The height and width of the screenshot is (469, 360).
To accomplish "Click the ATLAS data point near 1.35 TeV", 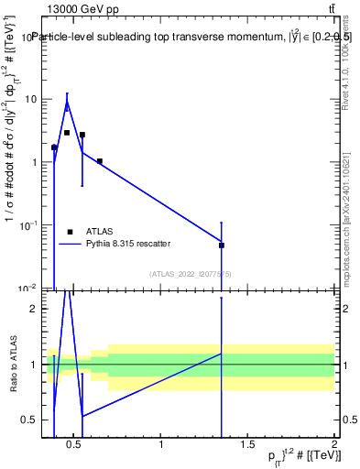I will (222, 245).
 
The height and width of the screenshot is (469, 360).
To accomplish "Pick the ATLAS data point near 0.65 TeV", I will (100, 161).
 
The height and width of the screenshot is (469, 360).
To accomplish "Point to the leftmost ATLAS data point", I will (54, 147).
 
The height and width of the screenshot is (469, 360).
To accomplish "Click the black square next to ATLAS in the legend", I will (70, 232).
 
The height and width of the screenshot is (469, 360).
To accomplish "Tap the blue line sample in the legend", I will (70, 244).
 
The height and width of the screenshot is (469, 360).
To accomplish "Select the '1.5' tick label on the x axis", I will (247, 445).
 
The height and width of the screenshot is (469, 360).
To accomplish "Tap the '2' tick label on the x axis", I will (333, 445).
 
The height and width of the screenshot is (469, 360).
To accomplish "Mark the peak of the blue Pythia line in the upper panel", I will (67, 103).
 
